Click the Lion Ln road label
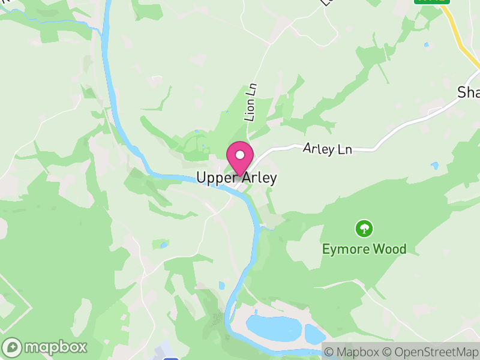[x=250, y=103]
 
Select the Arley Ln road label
[x=327, y=149]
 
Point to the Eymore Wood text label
[x=364, y=249]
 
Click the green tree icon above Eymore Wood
[x=364, y=229]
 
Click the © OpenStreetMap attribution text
[x=431, y=352]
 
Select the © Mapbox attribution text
[x=354, y=352]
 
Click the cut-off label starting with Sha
[x=468, y=92]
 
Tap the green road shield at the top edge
[x=431, y=2]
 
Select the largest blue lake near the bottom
[x=274, y=328]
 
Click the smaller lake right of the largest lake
[x=314, y=334]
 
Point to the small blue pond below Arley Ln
[x=434, y=165]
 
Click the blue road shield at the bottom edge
[x=171, y=358]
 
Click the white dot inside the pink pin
[x=240, y=155]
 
